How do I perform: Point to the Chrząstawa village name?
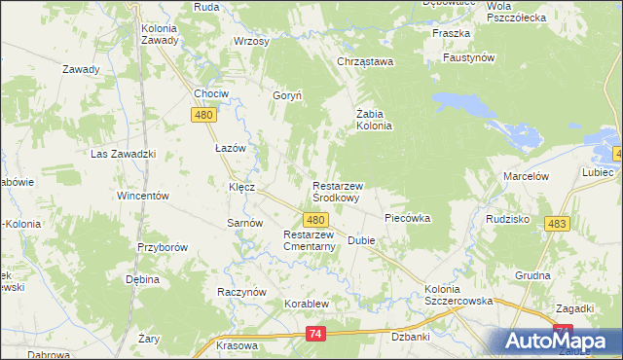pos(364,62)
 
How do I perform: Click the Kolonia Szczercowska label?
pos(459,296)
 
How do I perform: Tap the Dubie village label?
pos(361,241)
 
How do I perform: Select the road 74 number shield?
pos(313,334)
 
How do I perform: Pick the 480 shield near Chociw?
pos(203,115)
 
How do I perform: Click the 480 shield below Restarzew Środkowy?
pos(313,221)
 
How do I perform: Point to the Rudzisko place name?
pos(506,219)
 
